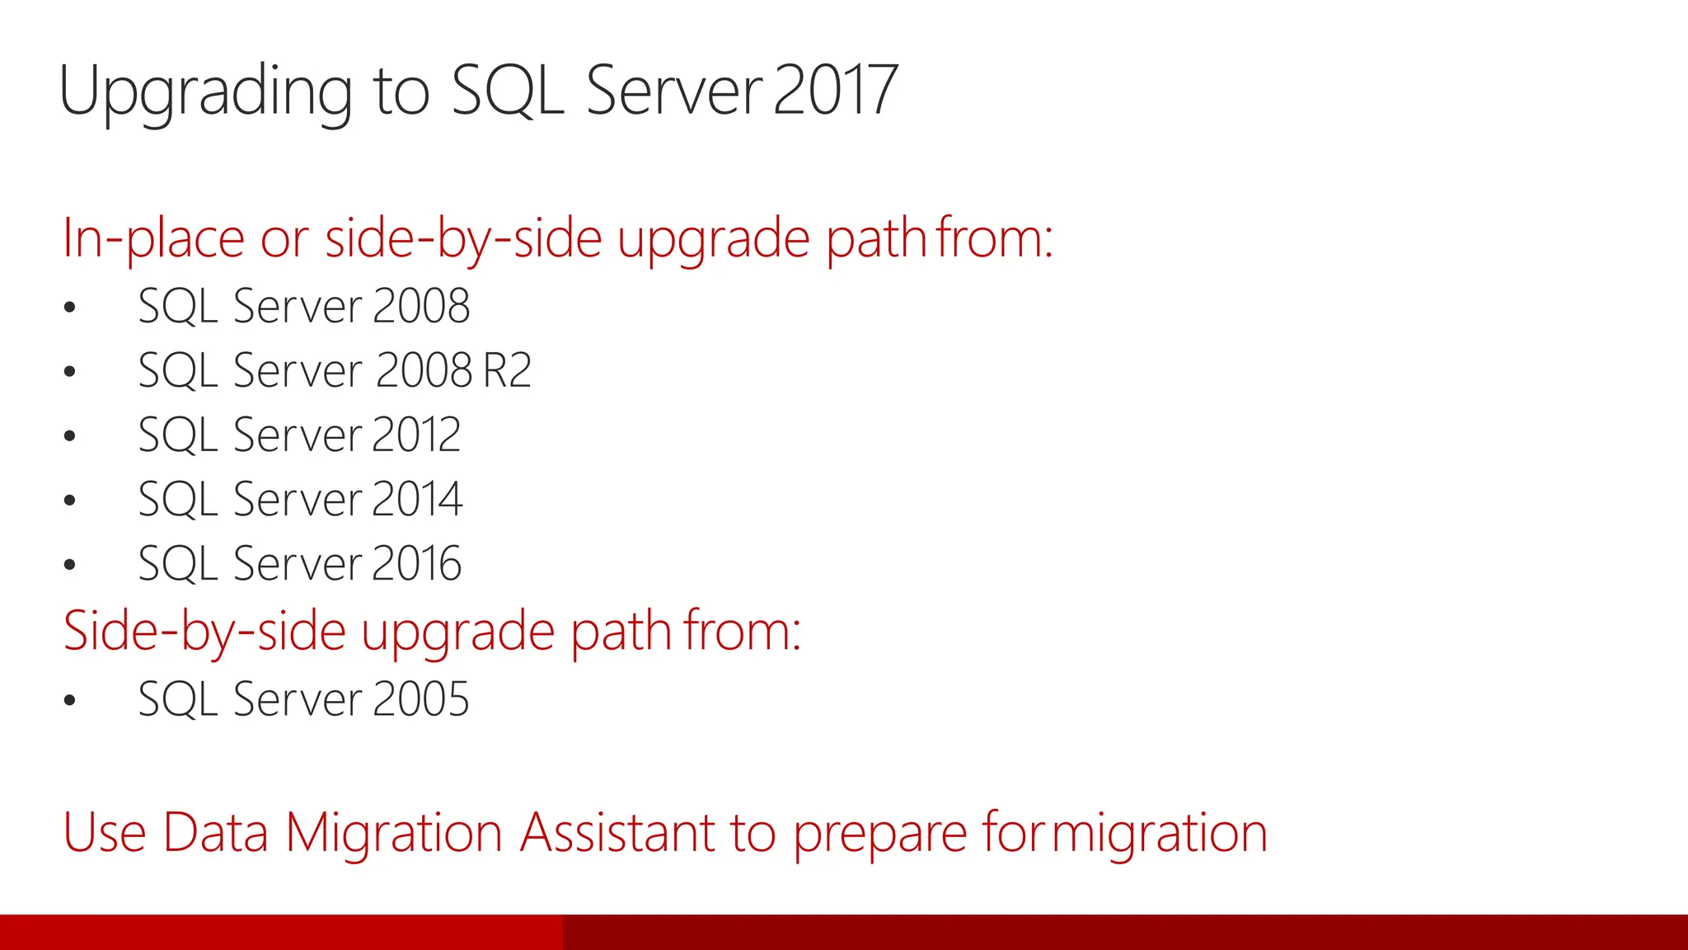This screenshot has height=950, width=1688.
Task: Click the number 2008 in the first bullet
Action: coord(421,307)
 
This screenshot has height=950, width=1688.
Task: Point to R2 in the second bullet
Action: coord(507,370)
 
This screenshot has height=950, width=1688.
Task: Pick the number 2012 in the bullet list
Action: coord(415,435)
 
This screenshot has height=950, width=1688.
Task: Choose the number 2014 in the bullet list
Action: coord(417,499)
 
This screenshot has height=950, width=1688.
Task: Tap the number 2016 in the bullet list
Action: coord(416,563)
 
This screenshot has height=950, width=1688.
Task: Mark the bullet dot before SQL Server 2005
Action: coord(70,701)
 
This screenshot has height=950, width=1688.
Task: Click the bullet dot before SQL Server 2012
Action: coord(70,436)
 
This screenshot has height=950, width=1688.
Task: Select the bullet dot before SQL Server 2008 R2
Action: coord(70,372)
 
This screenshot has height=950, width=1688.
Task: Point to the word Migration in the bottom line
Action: coord(393,832)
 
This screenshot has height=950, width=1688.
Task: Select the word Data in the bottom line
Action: coord(216,832)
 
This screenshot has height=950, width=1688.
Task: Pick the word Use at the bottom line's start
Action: coord(105,832)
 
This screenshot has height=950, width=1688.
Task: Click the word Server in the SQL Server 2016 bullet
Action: coord(298,563)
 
